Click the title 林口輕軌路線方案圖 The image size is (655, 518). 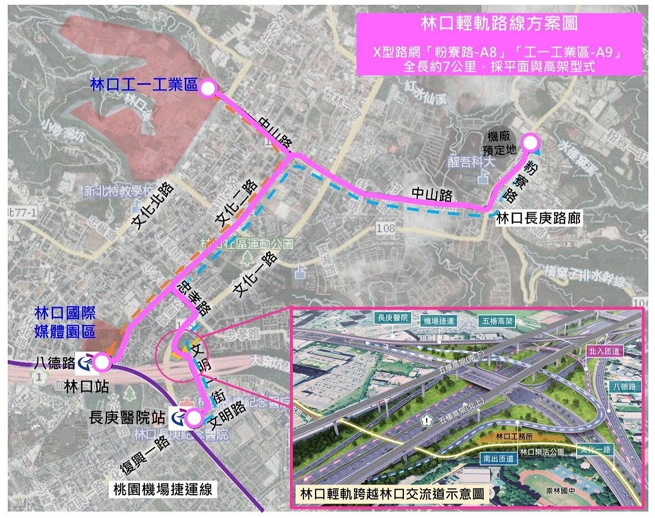tap(499, 24)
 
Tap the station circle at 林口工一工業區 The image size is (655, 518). tap(207, 88)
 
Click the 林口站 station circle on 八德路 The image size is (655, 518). tap(101, 363)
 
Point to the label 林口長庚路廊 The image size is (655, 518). tap(538, 218)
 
